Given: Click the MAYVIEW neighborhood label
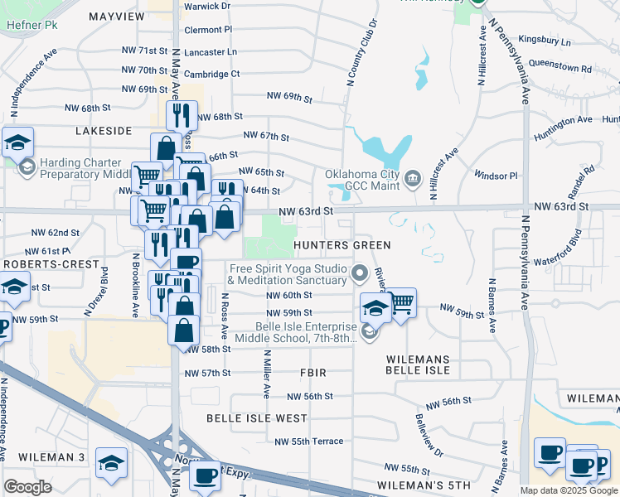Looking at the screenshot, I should [x=116, y=16].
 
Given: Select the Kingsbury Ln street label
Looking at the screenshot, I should [x=544, y=41].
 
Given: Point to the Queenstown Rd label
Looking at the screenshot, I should [x=557, y=63].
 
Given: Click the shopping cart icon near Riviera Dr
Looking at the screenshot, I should [x=400, y=303].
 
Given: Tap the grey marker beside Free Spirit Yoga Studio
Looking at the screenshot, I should [x=360, y=272].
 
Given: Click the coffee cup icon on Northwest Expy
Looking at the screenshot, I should [x=205, y=475].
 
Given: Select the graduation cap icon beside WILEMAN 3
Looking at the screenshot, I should [x=111, y=463].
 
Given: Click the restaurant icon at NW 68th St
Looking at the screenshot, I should [x=182, y=114].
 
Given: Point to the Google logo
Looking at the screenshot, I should [x=27, y=487].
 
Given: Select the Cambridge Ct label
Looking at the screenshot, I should [x=211, y=74].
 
